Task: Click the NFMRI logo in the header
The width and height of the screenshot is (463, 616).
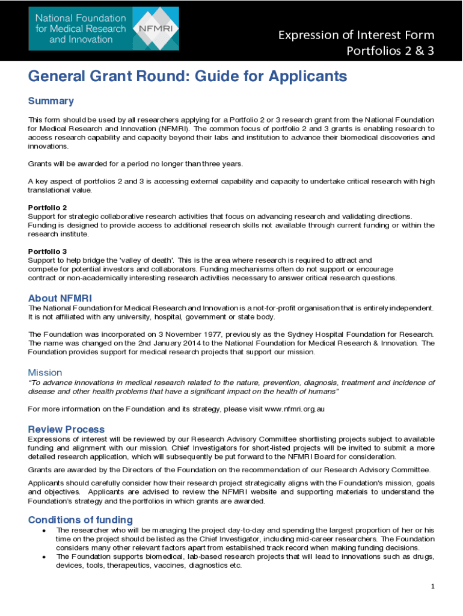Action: tap(103, 28)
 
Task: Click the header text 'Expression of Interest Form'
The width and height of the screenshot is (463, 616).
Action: tap(356, 35)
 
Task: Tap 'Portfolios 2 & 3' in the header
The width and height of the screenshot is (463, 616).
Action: tap(390, 51)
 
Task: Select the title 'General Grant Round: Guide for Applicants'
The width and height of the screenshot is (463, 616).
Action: tap(188, 76)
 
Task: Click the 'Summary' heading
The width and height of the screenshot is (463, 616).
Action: tap(51, 101)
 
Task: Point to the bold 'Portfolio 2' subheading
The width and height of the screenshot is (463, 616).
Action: tap(48, 208)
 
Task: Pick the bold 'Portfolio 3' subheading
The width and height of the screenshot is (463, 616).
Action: tap(48, 251)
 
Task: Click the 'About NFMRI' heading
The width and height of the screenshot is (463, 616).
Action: tap(60, 298)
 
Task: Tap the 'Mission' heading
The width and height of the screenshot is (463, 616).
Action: tap(45, 372)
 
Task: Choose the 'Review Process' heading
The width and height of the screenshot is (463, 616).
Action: tap(66, 430)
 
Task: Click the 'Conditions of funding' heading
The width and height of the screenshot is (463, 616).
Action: tap(81, 520)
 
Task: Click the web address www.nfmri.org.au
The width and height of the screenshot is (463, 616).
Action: tap(295, 409)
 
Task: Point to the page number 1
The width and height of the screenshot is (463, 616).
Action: tap(432, 587)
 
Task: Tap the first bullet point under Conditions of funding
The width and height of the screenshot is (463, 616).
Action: tap(44, 531)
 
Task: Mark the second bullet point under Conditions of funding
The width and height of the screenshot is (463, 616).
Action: tap(44, 557)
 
